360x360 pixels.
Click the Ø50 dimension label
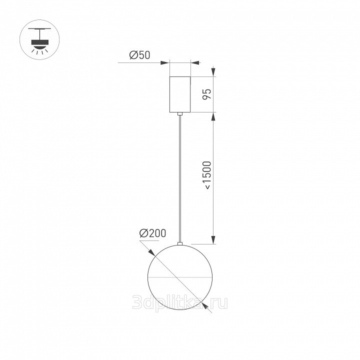139,55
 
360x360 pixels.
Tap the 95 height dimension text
206,94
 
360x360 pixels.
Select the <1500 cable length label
207,175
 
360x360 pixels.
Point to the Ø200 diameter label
152,233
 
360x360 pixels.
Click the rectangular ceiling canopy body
180,94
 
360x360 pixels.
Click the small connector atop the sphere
180,243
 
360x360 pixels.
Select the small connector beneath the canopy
180,113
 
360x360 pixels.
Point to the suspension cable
180,178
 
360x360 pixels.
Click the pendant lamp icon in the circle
39,39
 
